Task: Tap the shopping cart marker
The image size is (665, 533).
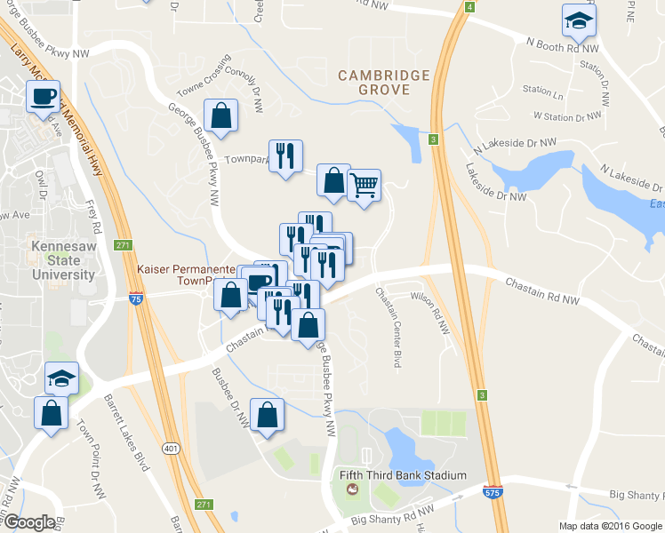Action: (x=363, y=186)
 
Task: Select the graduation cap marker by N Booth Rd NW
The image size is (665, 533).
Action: (x=579, y=21)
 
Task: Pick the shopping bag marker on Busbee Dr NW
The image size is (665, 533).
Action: (x=268, y=416)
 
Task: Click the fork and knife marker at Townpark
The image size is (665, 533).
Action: (x=285, y=156)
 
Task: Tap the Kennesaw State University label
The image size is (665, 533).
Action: (x=62, y=260)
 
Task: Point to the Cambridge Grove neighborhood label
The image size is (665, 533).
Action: (x=384, y=83)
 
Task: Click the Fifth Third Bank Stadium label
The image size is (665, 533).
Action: (x=403, y=475)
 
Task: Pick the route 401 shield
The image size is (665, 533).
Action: (x=169, y=450)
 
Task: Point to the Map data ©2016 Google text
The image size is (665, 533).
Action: (x=610, y=526)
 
